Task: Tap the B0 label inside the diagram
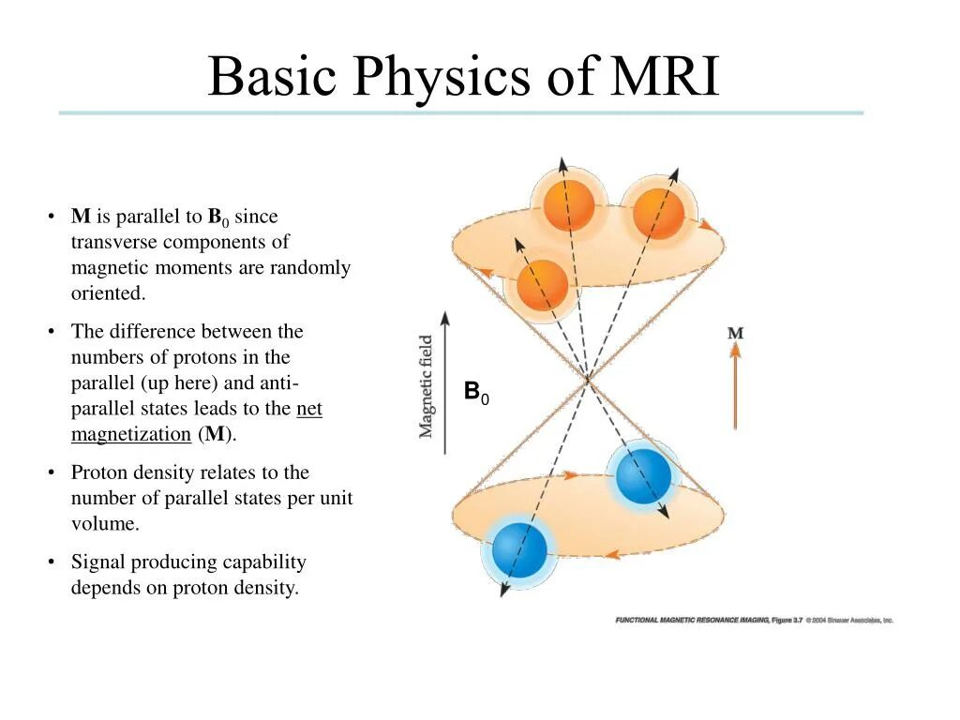click(476, 392)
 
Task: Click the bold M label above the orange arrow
click(735, 333)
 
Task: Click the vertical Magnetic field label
click(427, 386)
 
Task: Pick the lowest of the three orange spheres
click(542, 284)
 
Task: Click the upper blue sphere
click(643, 475)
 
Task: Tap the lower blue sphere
click(518, 550)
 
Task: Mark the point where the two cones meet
click(588, 378)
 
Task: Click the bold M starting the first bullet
click(81, 217)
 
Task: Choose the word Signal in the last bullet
click(98, 562)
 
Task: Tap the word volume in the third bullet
click(105, 524)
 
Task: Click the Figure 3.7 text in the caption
click(787, 620)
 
